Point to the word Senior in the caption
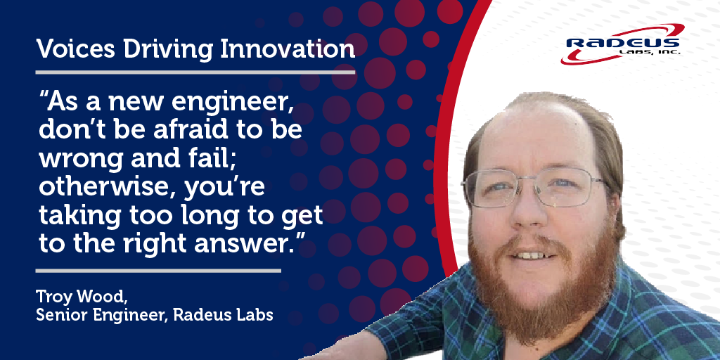click(60, 315)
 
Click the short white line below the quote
click(157, 270)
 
